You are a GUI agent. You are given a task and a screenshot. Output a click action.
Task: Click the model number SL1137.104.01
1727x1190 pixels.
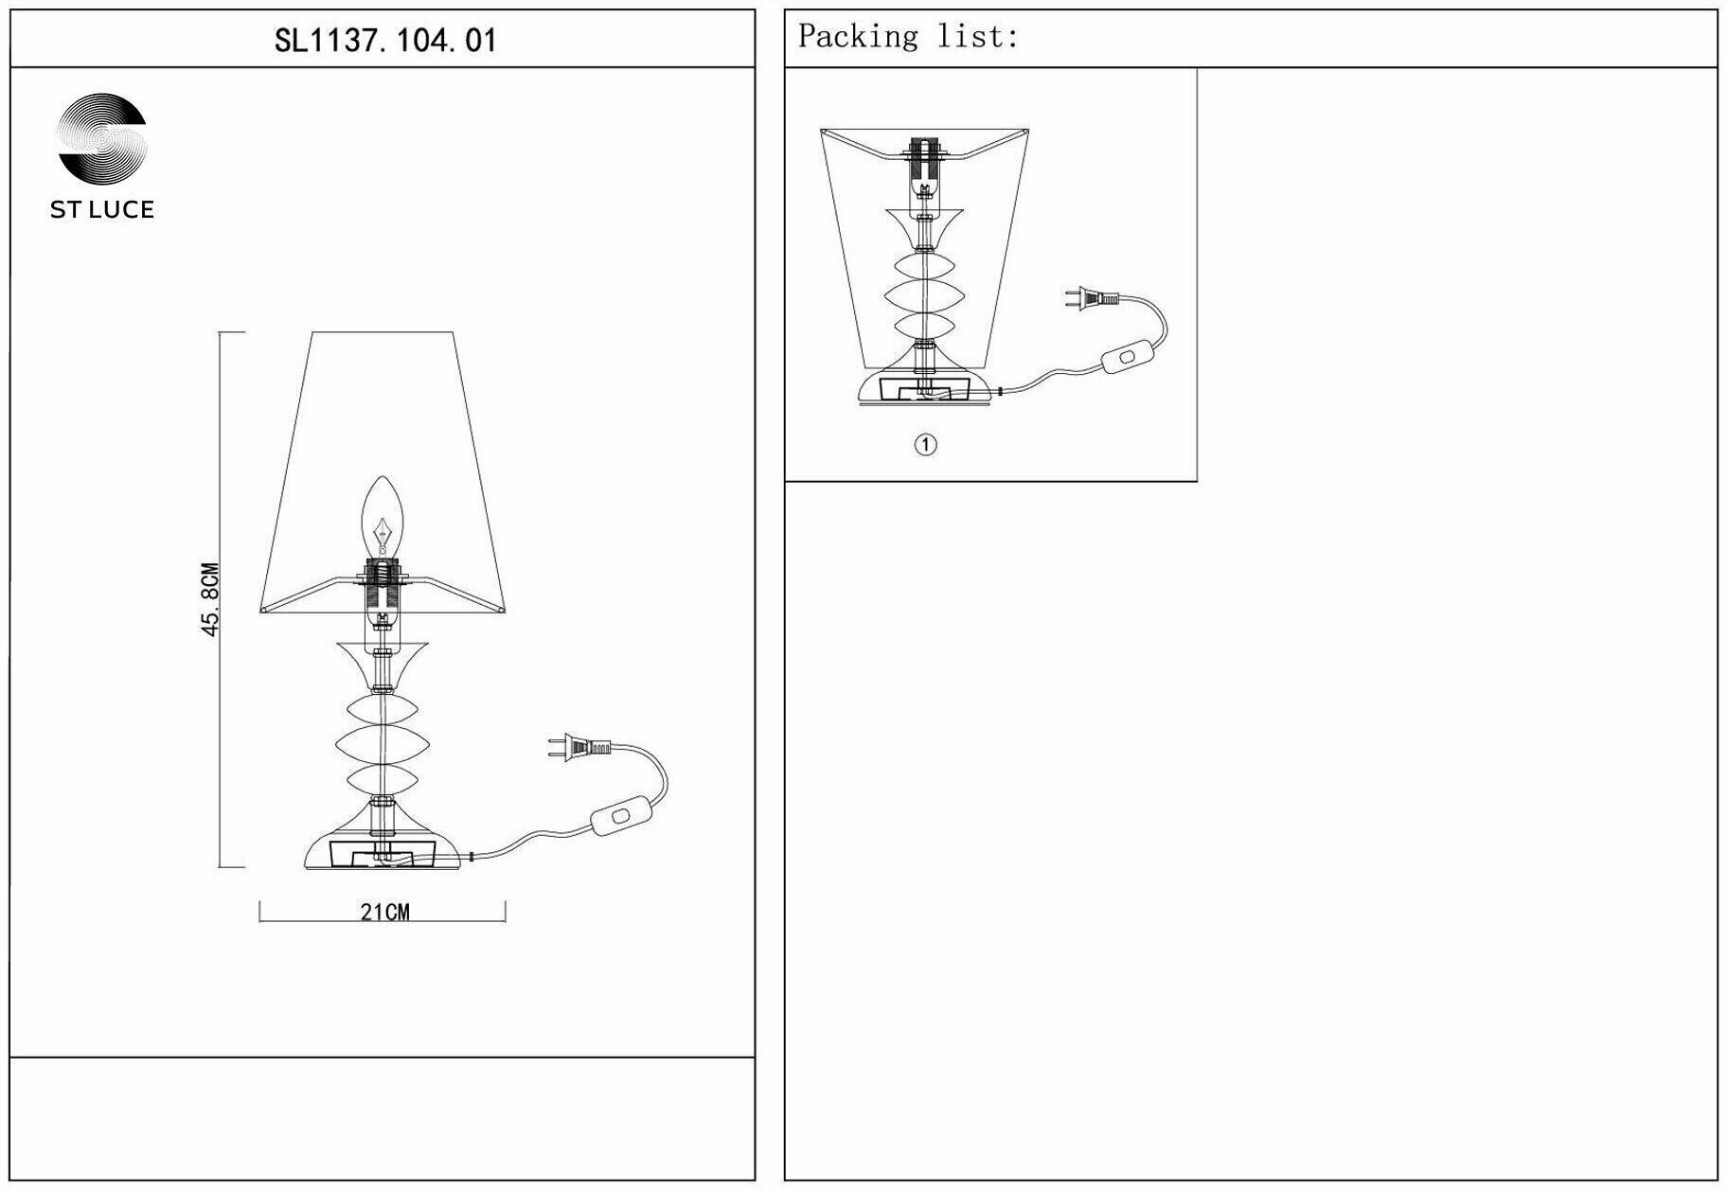pyautogui.click(x=384, y=41)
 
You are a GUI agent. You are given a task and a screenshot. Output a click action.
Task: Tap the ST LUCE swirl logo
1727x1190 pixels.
pyautogui.click(x=102, y=138)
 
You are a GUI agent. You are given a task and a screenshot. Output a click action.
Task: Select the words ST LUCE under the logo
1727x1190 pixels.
pyautogui.click(x=102, y=210)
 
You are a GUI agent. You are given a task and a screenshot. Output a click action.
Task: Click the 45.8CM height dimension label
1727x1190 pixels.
pyautogui.click(x=210, y=599)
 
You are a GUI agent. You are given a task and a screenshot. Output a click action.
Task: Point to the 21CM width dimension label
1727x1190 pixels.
pyautogui.click(x=384, y=913)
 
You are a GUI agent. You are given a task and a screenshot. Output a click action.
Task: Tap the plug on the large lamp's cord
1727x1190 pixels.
pyautogui.click(x=578, y=748)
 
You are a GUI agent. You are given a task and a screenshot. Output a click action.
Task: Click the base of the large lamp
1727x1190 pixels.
pyautogui.click(x=383, y=852)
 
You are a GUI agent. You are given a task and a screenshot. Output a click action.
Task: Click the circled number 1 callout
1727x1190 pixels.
pyautogui.click(x=925, y=444)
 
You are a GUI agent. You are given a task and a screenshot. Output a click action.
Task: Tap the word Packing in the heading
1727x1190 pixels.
pyautogui.click(x=858, y=37)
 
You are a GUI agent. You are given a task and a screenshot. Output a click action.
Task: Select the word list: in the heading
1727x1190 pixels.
pyautogui.click(x=977, y=37)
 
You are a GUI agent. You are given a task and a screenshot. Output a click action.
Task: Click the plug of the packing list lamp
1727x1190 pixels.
pyautogui.click(x=1089, y=300)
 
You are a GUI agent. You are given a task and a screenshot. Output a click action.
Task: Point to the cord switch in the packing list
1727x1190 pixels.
pyautogui.click(x=1126, y=359)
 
